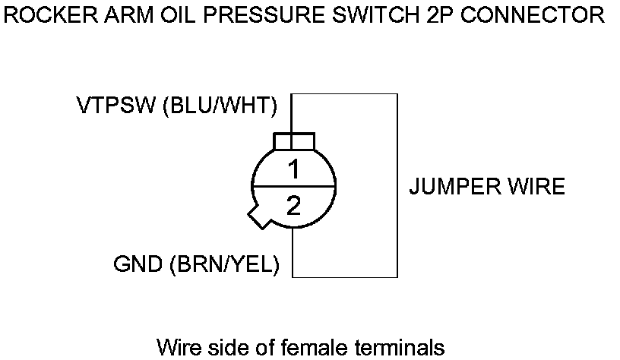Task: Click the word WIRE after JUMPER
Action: [x=536, y=186]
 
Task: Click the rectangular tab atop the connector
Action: [x=293, y=142]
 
